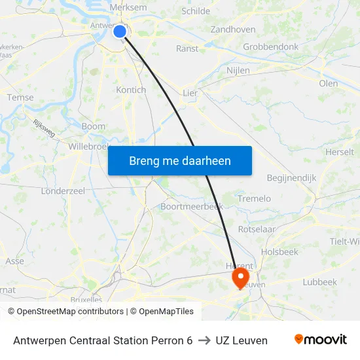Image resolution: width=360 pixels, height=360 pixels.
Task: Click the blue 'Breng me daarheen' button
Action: click(180, 160)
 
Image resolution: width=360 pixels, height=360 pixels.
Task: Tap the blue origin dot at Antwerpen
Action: click(120, 31)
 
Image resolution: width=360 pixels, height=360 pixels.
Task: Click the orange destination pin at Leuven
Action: click(241, 277)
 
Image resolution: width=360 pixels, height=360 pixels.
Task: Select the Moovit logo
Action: click(321, 340)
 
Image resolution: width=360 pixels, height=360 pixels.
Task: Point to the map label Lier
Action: click(190, 93)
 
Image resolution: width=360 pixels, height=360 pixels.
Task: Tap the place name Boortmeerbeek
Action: click(192, 206)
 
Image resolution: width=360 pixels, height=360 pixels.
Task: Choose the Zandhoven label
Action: click(233, 29)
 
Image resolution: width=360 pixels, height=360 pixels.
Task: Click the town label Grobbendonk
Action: click(270, 47)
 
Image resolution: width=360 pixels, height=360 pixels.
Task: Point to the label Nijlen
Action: click(238, 70)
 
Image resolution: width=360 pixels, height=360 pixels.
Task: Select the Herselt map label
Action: click(339, 152)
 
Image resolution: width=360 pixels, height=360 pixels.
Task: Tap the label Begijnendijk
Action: click(291, 177)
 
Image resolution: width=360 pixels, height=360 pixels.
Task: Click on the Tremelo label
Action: click(254, 198)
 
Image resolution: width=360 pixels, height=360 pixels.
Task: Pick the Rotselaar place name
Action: click(257, 229)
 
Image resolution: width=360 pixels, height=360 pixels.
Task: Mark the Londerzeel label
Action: click(63, 190)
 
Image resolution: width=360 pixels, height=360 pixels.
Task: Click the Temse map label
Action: click(20, 98)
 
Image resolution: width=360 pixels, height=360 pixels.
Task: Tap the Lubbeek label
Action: click(319, 282)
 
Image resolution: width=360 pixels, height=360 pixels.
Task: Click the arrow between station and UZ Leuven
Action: click(204, 340)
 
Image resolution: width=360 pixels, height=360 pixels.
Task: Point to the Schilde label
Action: click(196, 11)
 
